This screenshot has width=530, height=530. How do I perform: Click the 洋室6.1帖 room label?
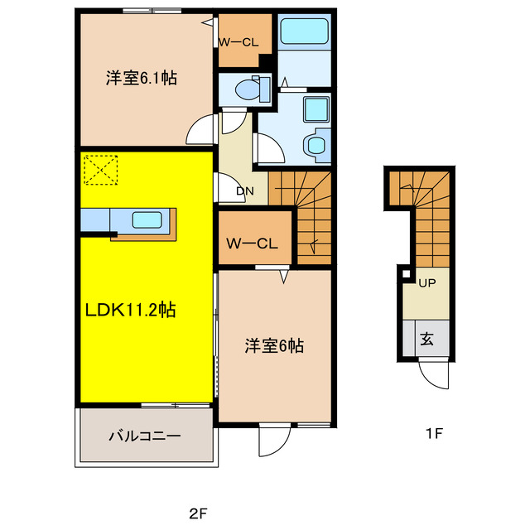[141, 79]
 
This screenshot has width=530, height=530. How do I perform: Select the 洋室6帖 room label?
[273, 346]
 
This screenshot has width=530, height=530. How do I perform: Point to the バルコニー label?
[144, 436]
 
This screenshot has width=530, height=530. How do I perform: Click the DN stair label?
[244, 192]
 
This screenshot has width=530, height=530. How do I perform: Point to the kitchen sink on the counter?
[147, 220]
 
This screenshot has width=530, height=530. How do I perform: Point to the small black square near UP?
[406, 274]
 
